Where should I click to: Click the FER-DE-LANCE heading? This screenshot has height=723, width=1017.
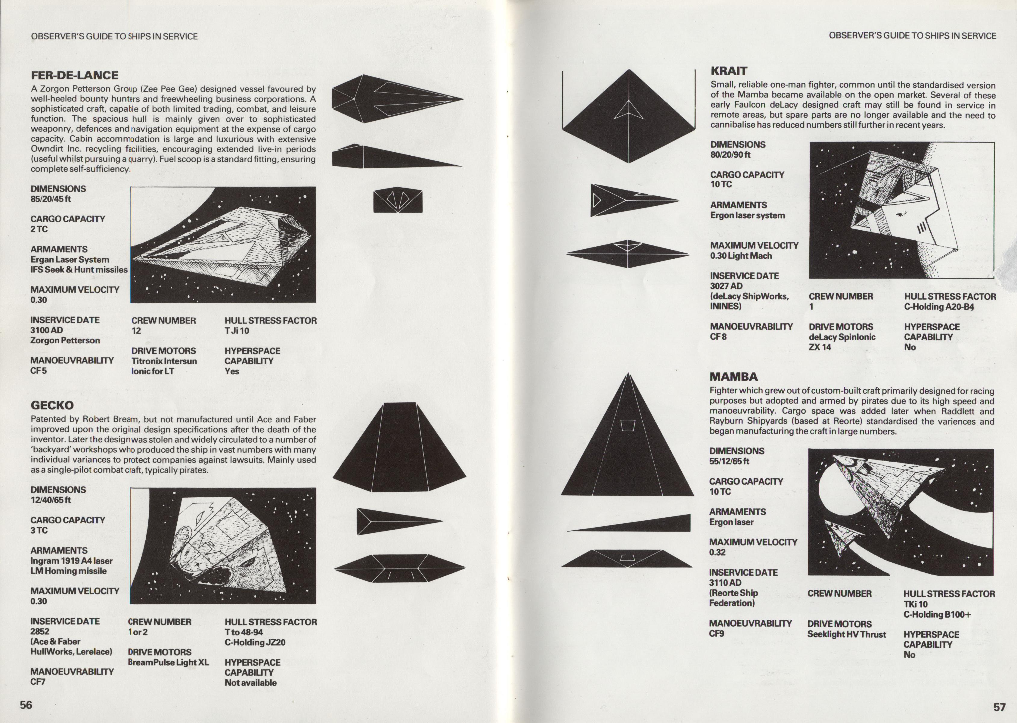[x=74, y=75]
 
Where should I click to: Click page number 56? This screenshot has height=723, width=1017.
[x=26, y=705]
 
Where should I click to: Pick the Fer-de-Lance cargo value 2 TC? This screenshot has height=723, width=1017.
[x=39, y=229]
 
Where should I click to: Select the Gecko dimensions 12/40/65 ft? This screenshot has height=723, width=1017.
[x=51, y=500]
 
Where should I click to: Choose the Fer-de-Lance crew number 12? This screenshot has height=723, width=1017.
[x=136, y=331]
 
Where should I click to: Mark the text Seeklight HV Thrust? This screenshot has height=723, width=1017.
[x=846, y=634]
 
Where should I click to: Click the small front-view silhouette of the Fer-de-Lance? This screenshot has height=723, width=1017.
[x=397, y=200]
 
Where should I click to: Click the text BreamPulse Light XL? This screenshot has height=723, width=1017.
[x=168, y=662]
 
